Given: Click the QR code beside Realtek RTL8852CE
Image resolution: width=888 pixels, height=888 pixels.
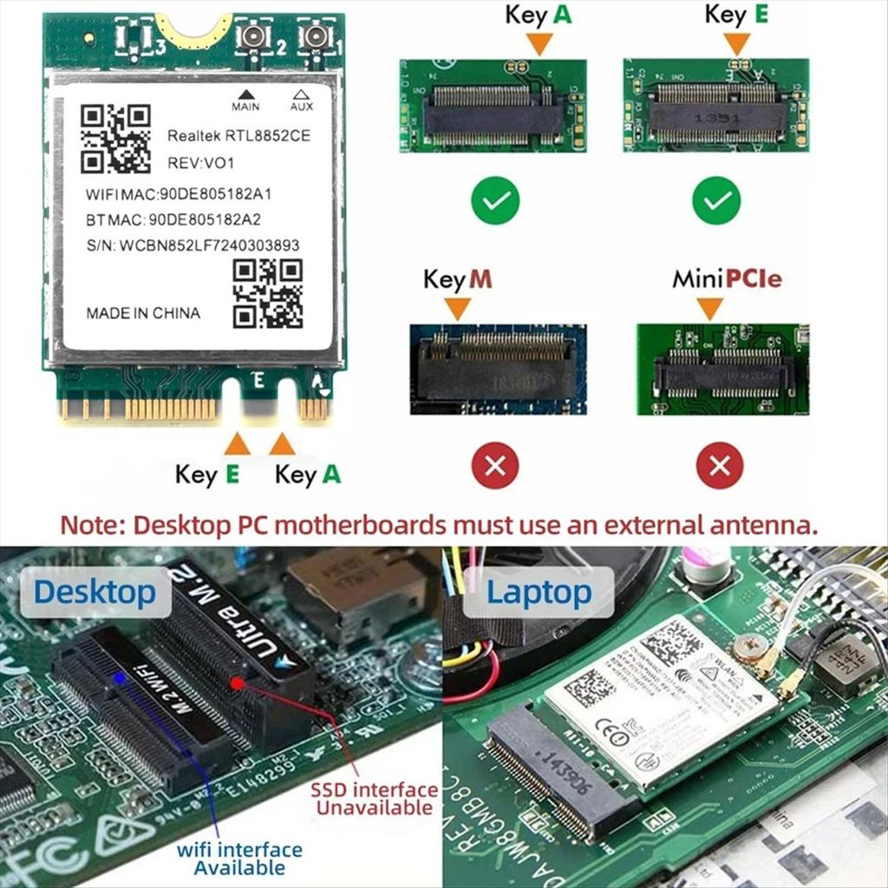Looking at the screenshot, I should [x=115, y=139].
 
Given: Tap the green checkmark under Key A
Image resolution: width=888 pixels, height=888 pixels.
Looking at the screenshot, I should [x=495, y=201].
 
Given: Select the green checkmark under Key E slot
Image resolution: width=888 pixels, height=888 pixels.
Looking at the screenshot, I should [x=716, y=201].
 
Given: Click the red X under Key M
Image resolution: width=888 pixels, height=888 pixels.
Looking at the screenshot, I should [x=495, y=466].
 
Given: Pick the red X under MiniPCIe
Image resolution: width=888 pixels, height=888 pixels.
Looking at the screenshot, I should [x=719, y=466].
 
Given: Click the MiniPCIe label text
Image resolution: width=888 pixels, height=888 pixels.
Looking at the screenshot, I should [x=727, y=279].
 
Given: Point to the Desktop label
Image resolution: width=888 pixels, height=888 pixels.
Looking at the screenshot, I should [x=95, y=592].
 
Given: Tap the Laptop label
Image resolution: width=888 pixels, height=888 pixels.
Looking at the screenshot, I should [x=539, y=592].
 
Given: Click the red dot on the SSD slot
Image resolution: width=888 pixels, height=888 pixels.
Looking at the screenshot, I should [x=237, y=682].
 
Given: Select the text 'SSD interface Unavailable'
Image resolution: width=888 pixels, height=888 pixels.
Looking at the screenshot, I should [x=375, y=799].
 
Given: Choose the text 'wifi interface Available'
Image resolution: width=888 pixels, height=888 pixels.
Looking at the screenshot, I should [x=239, y=858].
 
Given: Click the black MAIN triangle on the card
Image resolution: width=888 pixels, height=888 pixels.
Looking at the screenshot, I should [x=245, y=94].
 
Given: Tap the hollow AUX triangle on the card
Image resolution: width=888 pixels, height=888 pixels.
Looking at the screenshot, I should [x=301, y=94].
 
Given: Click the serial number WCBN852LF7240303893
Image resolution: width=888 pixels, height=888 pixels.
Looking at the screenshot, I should [x=210, y=245].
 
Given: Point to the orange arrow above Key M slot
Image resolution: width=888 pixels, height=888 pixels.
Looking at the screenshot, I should [x=457, y=307].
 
